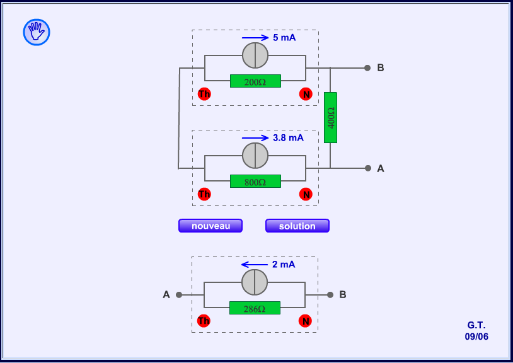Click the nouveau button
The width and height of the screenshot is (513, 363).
210,226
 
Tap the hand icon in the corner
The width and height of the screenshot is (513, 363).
37,32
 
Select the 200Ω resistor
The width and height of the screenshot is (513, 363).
255,81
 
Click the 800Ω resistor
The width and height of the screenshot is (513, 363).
255,181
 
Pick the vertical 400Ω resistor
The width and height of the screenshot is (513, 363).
331,117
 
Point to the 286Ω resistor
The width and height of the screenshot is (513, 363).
255,308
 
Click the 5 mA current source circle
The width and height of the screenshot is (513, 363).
255,55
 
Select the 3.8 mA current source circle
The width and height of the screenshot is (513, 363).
255,155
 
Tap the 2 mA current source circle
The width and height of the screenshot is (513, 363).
255,282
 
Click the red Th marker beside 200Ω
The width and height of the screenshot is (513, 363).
204,94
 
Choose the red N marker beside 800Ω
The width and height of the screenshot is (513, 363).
306,194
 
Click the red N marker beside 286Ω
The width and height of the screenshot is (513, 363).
306,321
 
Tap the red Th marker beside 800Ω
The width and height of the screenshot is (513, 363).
204,194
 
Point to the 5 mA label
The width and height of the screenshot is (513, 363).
284,38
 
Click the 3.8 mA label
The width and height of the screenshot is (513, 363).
288,137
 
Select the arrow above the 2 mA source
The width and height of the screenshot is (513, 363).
255,265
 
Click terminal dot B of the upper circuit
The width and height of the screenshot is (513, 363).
367,68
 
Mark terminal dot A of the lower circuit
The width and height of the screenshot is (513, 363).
179,294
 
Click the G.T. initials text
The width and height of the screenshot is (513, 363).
476,325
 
